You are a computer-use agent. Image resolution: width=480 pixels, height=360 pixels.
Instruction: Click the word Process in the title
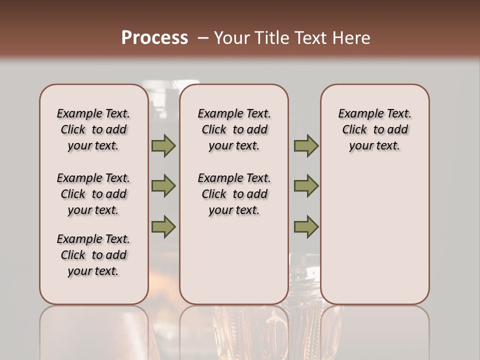[154, 38]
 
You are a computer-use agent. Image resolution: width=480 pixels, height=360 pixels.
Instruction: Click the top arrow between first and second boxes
[163, 146]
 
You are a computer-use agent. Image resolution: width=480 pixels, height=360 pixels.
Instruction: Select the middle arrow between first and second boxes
[163, 186]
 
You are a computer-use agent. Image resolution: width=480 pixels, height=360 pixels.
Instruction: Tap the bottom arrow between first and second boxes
[163, 226]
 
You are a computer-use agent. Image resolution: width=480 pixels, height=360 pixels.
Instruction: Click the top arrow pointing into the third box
[306, 146]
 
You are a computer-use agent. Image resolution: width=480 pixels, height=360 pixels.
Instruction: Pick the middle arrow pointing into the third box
[306, 186]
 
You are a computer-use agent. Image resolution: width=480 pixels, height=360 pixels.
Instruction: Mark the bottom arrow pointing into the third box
[306, 226]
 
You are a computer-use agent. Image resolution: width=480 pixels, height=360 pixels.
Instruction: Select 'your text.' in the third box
[374, 146]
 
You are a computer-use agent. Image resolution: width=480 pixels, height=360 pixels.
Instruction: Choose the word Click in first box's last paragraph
[73, 255]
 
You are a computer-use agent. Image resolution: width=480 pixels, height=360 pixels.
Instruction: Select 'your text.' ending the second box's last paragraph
[234, 210]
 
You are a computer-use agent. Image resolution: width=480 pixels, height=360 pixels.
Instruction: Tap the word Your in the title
[230, 38]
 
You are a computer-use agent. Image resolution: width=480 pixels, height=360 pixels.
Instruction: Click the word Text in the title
[311, 38]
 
